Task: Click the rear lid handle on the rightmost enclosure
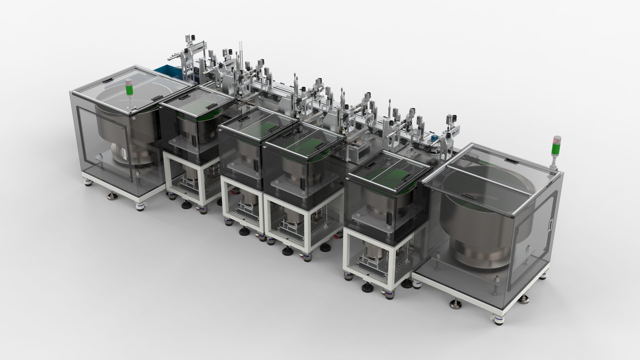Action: click(509, 161)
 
